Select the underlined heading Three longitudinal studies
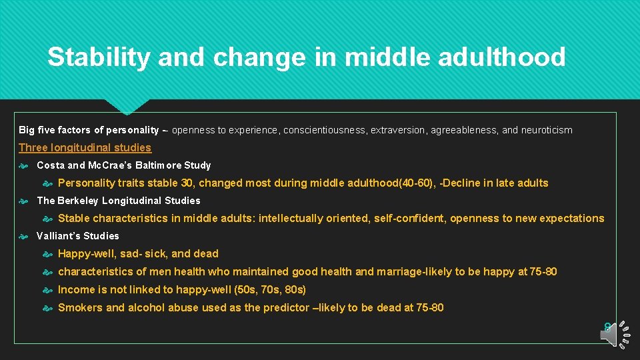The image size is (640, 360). pos(85,148)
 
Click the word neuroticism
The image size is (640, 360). pos(546,130)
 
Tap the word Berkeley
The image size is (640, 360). pos(78,201)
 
